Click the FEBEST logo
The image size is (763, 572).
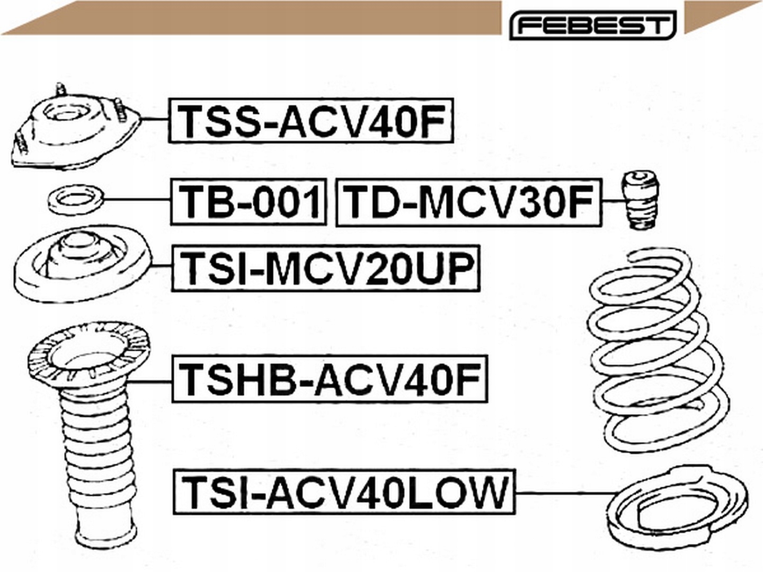click(592, 25)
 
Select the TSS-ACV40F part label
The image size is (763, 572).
click(311, 121)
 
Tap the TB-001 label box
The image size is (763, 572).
click(248, 202)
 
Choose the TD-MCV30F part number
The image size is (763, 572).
click(468, 202)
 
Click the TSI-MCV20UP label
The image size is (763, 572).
click(325, 268)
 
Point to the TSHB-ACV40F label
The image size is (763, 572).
click(329, 379)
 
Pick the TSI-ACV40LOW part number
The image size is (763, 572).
click(343, 491)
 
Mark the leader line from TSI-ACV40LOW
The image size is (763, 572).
click(562, 493)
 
